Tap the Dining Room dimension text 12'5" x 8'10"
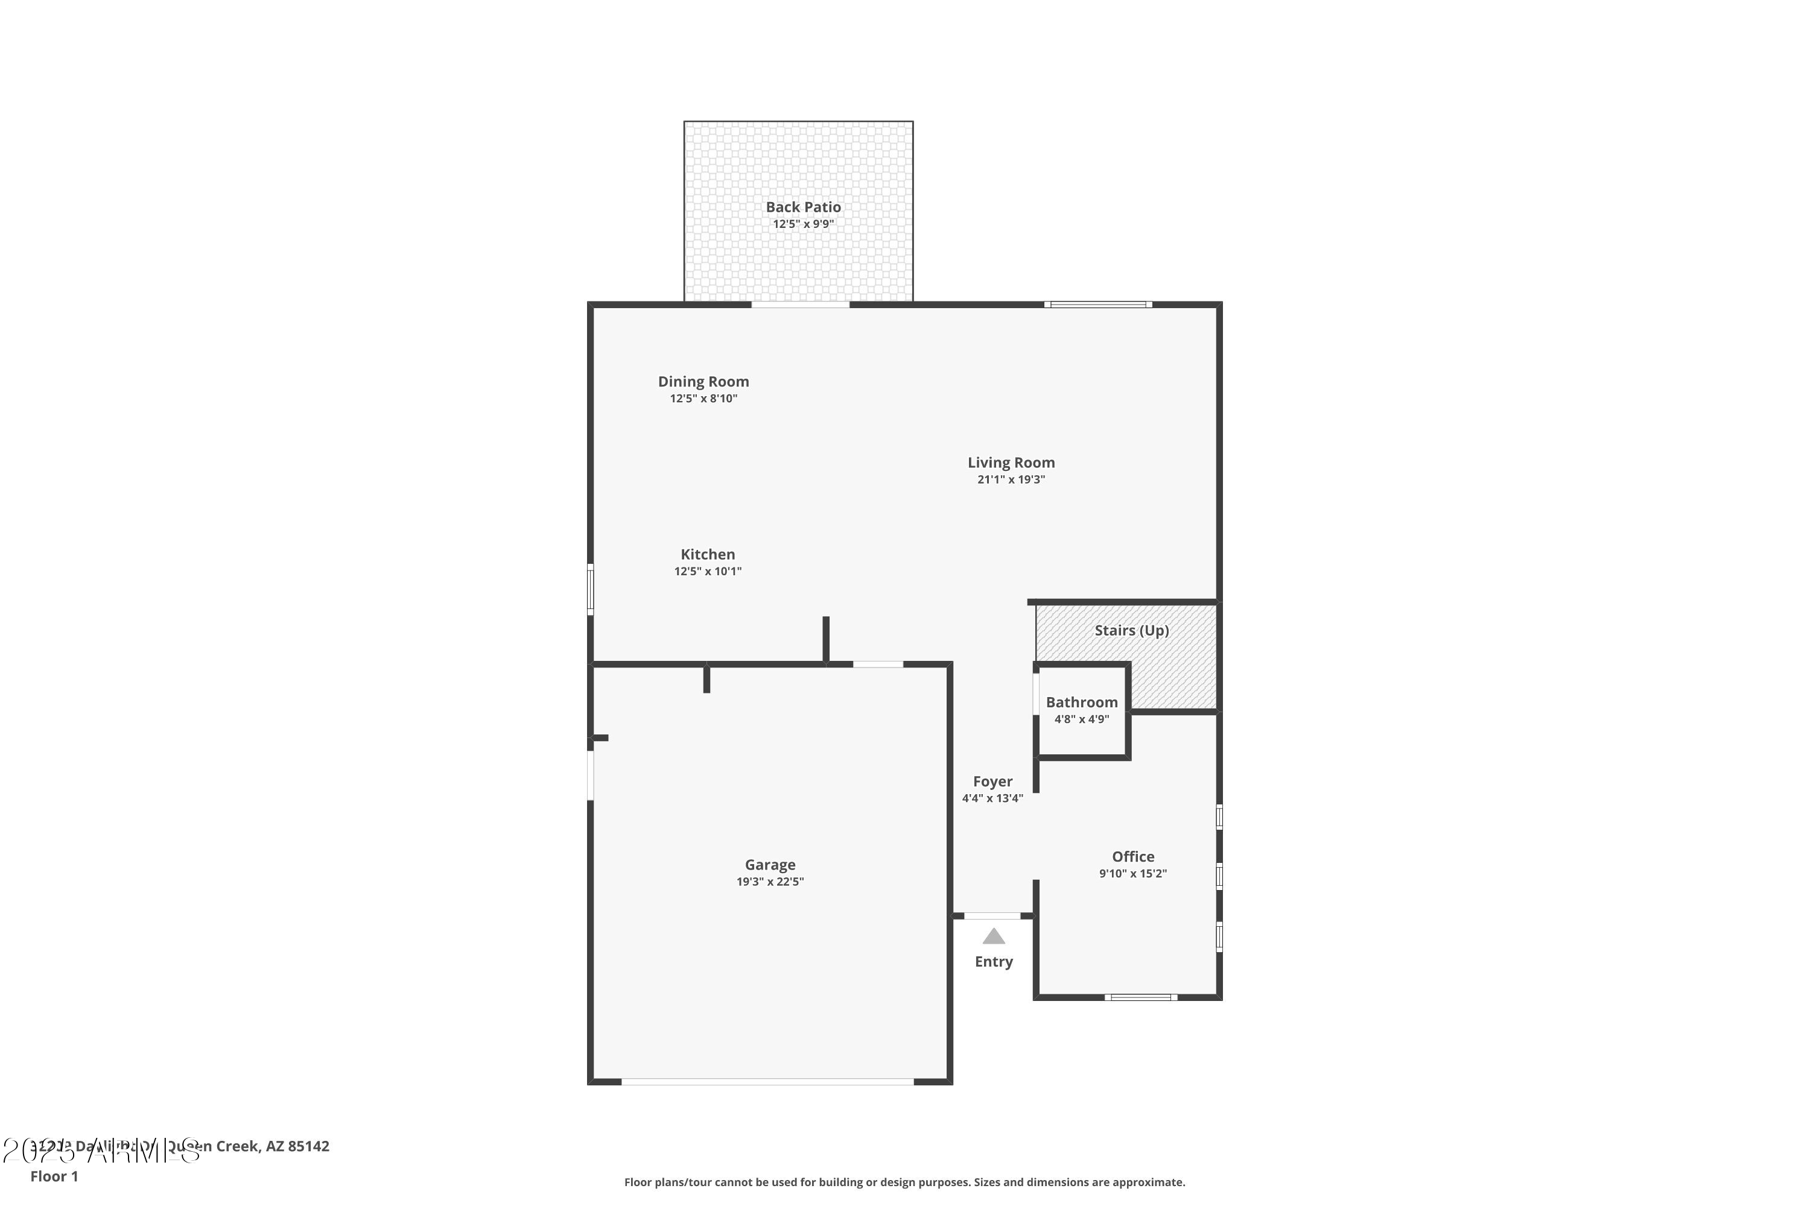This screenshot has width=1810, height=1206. (703, 399)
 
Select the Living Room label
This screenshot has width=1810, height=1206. (1011, 463)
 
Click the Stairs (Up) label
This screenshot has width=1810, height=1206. (1131, 631)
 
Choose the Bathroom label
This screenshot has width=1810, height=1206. (1081, 702)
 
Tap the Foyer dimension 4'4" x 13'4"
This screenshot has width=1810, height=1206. (992, 798)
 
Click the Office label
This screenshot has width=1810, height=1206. (1133, 857)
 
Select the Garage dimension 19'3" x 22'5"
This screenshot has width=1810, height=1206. (770, 882)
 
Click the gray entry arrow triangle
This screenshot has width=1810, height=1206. (994, 937)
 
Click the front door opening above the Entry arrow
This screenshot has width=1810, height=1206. (992, 916)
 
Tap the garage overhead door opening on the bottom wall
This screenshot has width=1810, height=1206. (767, 1081)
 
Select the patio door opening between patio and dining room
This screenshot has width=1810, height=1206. (801, 305)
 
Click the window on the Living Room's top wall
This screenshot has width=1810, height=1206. (1098, 305)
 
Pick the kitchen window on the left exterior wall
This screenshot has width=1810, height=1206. (590, 589)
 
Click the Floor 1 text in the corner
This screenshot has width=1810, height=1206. (54, 1176)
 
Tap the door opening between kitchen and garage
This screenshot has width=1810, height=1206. (877, 664)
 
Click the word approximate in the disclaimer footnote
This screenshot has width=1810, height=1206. (1147, 1182)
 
